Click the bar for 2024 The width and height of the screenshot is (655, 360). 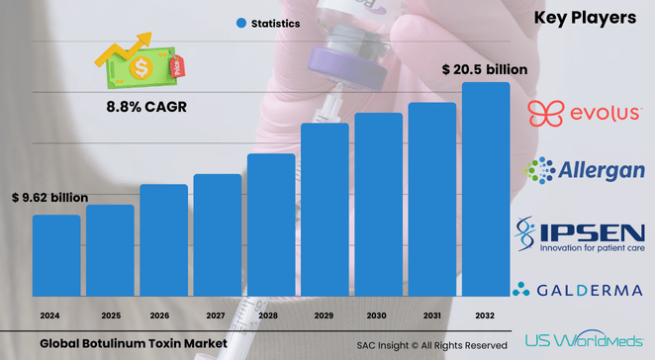tap(56, 255)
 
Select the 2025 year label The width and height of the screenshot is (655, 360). tap(110, 315)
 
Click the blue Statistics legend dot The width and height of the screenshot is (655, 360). tap(240, 22)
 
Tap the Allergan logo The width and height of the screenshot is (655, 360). tap(585, 171)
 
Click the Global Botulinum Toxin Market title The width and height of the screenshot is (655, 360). tap(134, 343)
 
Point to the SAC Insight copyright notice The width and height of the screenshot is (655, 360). tap(431, 345)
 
